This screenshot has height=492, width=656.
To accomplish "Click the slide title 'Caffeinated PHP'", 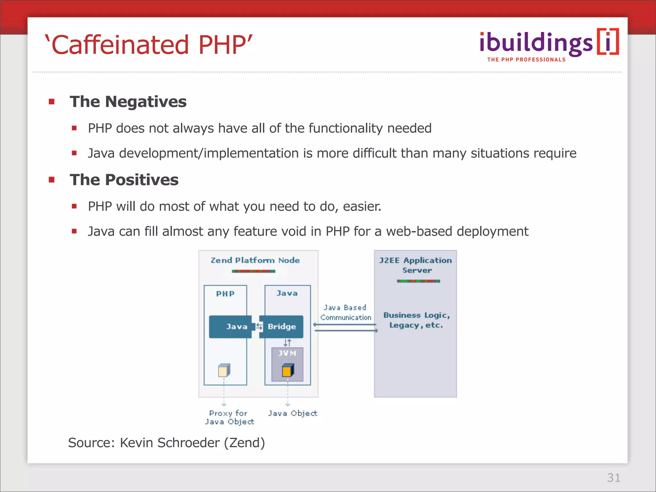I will coord(149,45).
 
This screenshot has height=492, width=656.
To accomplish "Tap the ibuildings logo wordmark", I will coord(536,44).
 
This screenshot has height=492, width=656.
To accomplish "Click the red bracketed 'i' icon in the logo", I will coord(608,42).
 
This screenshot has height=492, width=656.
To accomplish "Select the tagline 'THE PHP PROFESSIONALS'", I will coord(526,60).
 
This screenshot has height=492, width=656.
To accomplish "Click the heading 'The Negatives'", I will coord(128,102).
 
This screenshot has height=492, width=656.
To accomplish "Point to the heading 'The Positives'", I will coord(124,180).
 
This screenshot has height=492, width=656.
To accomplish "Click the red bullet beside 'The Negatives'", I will coord(52,102).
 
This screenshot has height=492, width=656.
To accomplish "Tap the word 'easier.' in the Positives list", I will coord(362,207).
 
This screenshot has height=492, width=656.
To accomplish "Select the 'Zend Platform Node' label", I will coord(255,260).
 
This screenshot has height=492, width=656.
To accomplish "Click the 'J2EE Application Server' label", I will coord(415,265).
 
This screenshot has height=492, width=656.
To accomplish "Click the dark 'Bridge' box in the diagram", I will coord(281,327).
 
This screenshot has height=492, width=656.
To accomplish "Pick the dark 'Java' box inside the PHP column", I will coord(230,327).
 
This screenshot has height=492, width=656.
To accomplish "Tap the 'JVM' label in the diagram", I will coord(287,353).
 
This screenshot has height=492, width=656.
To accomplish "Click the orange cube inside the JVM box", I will coord(288,371).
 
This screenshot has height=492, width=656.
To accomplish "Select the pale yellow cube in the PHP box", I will coord(224,371).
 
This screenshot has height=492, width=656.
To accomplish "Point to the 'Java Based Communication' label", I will coord(346,313).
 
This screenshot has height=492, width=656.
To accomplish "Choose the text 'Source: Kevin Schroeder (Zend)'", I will coord(167,443).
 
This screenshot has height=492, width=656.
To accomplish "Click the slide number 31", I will coord(613,478).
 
